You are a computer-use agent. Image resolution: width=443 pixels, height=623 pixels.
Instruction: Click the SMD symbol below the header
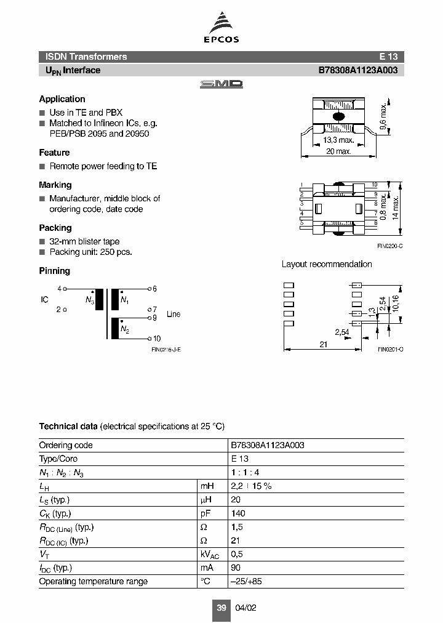221,84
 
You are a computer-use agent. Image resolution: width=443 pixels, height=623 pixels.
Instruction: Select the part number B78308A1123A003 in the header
357,70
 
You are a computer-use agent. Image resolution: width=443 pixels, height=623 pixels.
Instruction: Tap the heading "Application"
62,99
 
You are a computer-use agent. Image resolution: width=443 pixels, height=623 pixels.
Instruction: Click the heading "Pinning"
54,271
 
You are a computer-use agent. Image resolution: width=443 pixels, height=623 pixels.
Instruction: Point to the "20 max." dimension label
338,151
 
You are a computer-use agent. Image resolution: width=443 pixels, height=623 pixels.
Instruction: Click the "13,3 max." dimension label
338,140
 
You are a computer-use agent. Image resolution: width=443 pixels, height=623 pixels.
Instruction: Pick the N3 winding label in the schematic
90,300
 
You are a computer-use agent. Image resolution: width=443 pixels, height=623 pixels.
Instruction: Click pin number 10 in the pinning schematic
157,339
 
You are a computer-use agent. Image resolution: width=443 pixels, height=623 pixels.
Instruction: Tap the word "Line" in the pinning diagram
174,314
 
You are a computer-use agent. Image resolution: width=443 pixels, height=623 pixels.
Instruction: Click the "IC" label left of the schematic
44,299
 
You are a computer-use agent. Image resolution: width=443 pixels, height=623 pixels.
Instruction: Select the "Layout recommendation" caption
327,264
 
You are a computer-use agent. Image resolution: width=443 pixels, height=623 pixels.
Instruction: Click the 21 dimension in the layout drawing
324,345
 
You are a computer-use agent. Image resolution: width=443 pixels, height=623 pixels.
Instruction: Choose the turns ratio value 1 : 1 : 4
242,472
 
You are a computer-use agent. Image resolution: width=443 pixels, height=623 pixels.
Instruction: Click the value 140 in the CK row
238,513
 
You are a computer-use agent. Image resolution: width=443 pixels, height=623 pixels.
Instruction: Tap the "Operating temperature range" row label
93,581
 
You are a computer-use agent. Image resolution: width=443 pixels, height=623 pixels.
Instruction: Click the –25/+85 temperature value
245,581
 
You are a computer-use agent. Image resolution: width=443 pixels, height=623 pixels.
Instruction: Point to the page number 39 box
221,608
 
